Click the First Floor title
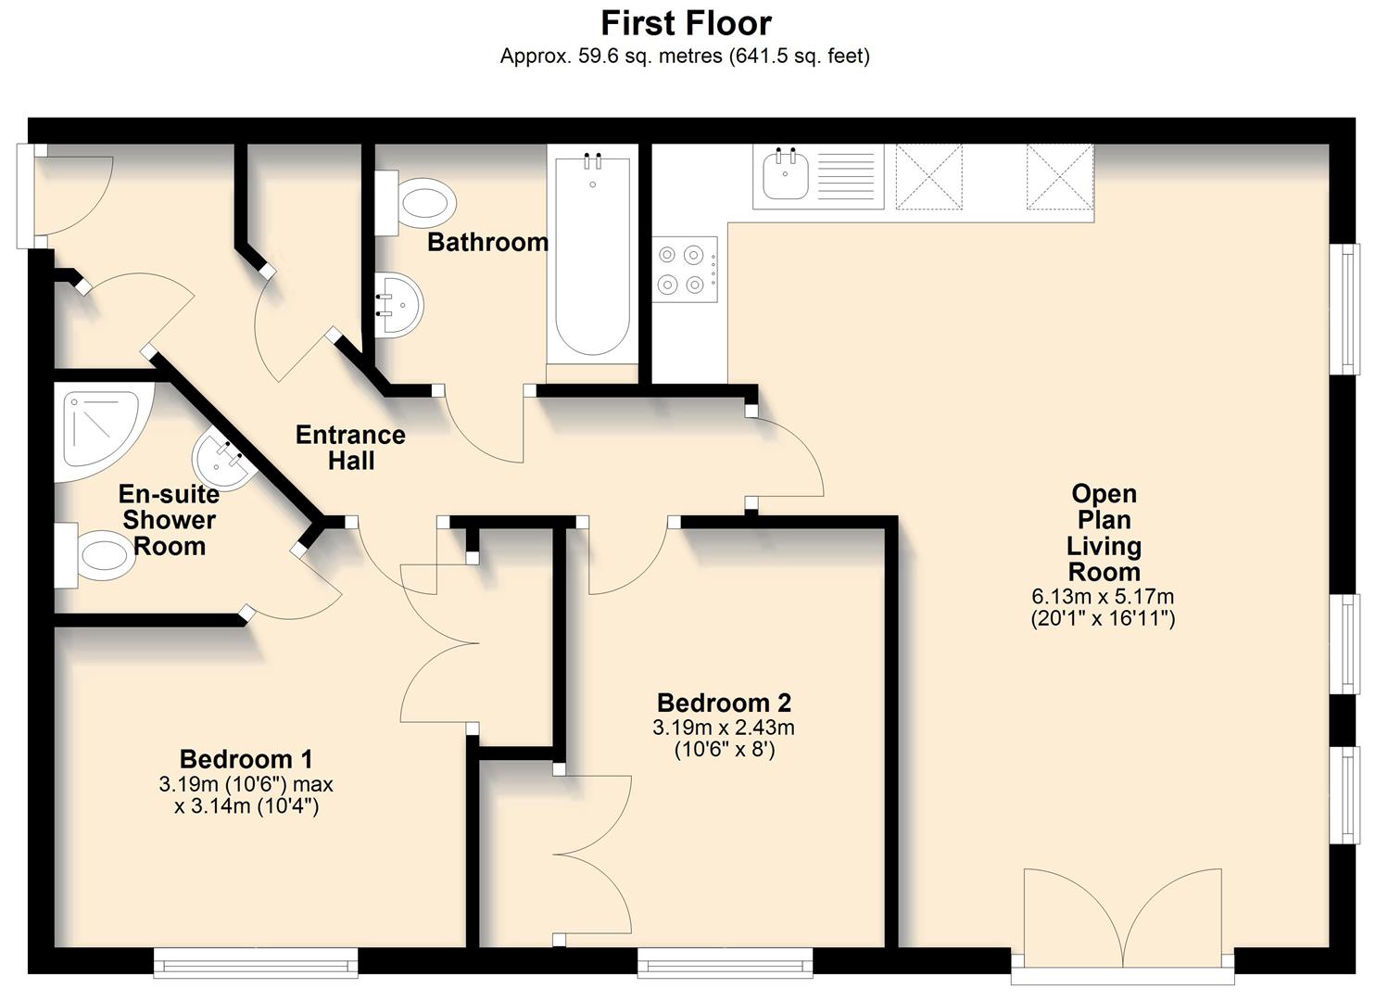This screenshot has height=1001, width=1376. (686, 22)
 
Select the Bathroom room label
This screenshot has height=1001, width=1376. (487, 242)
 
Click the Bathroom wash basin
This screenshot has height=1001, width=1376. (400, 305)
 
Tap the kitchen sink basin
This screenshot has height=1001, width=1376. (784, 176)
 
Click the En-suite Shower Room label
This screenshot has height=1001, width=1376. (170, 520)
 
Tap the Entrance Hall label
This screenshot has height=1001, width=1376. (350, 447)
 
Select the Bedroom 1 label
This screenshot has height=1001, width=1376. (246, 759)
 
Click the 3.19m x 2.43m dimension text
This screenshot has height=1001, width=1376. (724, 728)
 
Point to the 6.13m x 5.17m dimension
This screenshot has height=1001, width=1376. (1103, 597)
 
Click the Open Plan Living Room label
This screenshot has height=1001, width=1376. (1103, 533)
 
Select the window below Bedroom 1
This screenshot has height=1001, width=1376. (256, 962)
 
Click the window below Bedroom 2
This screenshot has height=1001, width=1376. (725, 962)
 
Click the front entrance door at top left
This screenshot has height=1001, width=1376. (65, 195)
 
